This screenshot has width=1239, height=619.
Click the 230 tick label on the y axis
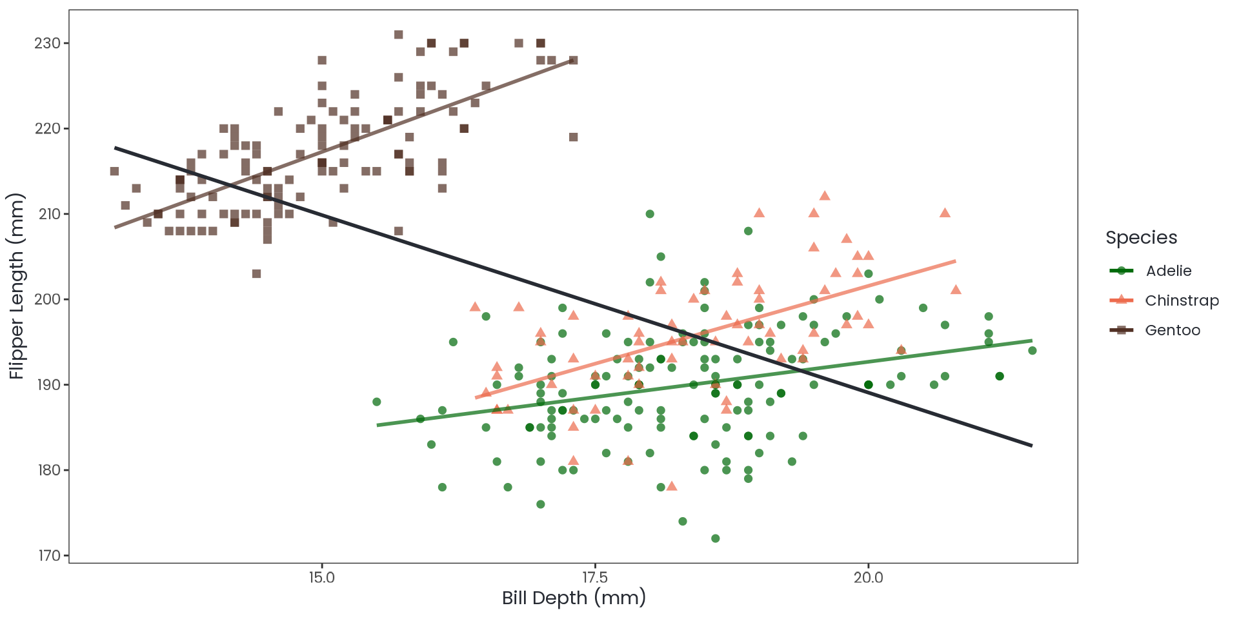[47, 43]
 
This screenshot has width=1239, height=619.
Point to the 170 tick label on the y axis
[47, 555]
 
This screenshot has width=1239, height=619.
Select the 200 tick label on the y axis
[47, 299]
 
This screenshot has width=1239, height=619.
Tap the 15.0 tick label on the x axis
[322, 577]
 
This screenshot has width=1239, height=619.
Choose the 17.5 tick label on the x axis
[595, 577]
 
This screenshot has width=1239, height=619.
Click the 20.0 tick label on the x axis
[868, 577]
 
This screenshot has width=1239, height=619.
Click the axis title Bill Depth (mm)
[574, 598]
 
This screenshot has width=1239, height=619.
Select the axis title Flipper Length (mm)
[16, 286]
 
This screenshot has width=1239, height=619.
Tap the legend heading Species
[1141, 237]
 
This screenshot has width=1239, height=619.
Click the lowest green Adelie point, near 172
[715, 538]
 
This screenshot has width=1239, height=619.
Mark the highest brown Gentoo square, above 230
[399, 35]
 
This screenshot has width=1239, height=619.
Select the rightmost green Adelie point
[1032, 351]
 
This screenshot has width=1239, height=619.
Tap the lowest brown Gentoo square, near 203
[256, 273]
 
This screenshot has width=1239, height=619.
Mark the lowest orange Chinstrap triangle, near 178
[672, 486]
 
